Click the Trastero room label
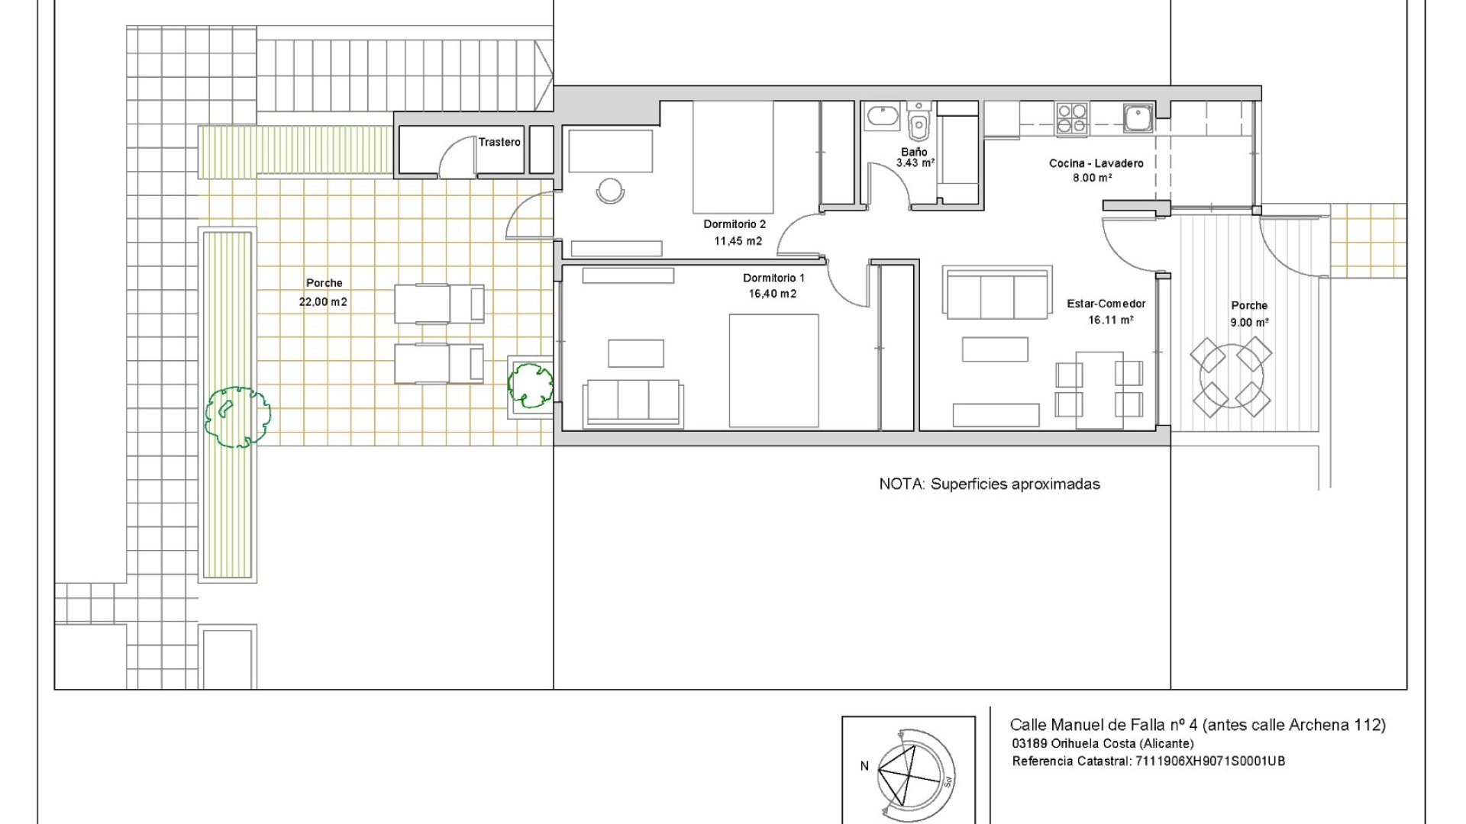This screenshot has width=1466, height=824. [x=499, y=142]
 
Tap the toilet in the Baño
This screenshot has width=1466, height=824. [x=919, y=121]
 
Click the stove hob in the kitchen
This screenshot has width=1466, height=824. [x=1072, y=120]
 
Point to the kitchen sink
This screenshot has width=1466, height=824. [x=1137, y=118]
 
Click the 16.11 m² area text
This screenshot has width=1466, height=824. [x=1110, y=320]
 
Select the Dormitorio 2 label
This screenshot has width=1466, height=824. [x=735, y=224]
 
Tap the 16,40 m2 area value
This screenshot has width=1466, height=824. [x=773, y=294]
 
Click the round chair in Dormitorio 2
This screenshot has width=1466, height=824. [x=611, y=189]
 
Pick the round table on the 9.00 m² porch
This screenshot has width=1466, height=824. [x=1231, y=377]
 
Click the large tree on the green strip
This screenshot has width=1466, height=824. [x=237, y=417]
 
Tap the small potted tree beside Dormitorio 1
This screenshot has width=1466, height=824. [x=531, y=385]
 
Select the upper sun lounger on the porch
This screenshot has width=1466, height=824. [x=439, y=304]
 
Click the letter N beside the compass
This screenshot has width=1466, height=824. [x=864, y=766]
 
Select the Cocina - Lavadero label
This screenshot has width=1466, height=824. [x=1096, y=163]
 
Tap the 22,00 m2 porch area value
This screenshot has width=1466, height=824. [x=323, y=302]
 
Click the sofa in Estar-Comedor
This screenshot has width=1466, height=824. [x=997, y=294]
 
